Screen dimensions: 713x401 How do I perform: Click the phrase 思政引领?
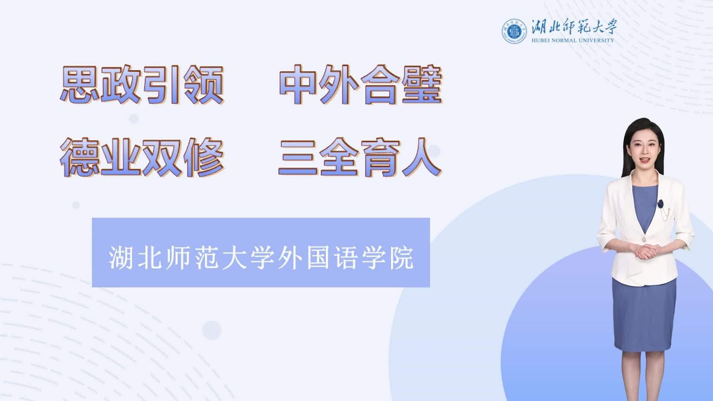pyautogui.click(x=142, y=85)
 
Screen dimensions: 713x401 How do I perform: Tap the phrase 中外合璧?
pyautogui.click(x=361, y=85)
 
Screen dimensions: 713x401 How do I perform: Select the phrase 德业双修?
pyautogui.click(x=142, y=157)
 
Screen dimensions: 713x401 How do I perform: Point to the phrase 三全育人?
pyautogui.click(x=360, y=157)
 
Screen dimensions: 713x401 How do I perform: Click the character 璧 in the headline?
pyautogui.click(x=423, y=85)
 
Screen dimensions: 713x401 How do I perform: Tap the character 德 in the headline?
pyautogui.click(x=79, y=157)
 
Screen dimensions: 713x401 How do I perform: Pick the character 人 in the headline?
pyautogui.click(x=422, y=158)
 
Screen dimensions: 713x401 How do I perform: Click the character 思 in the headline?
pyautogui.click(x=79, y=85)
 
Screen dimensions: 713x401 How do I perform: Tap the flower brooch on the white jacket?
pyautogui.click(x=660, y=203)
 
